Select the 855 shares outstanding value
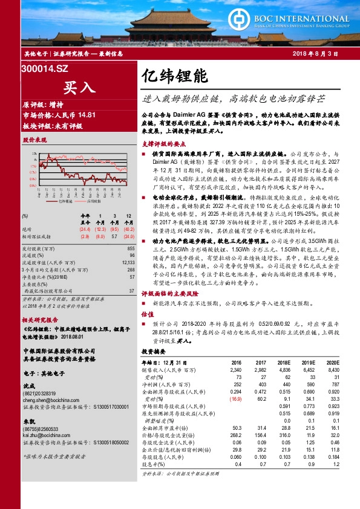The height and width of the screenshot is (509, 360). pyautogui.click(x=130, y=248)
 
